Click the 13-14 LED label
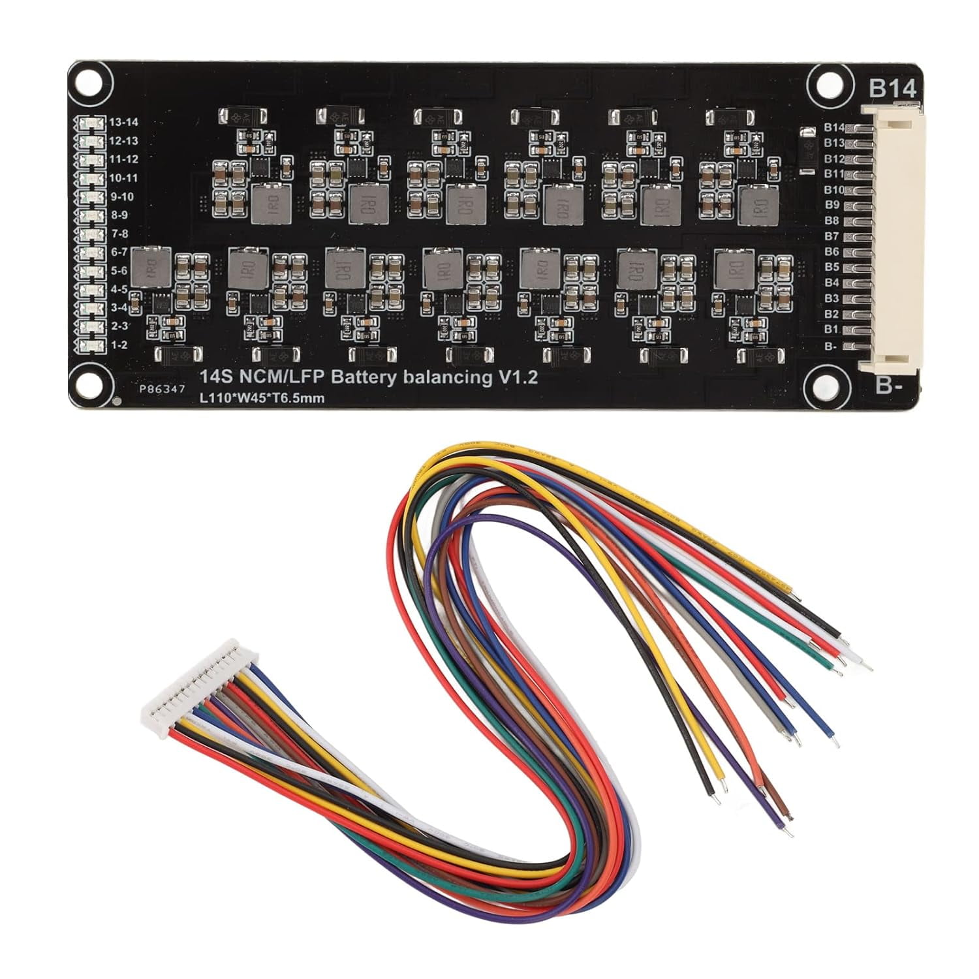tap(123, 122)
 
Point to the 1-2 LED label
tap(119, 345)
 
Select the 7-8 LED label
tap(119, 234)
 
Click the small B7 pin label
tap(831, 236)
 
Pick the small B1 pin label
tap(831, 330)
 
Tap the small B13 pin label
tap(833, 143)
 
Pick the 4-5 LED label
tap(119, 289)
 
